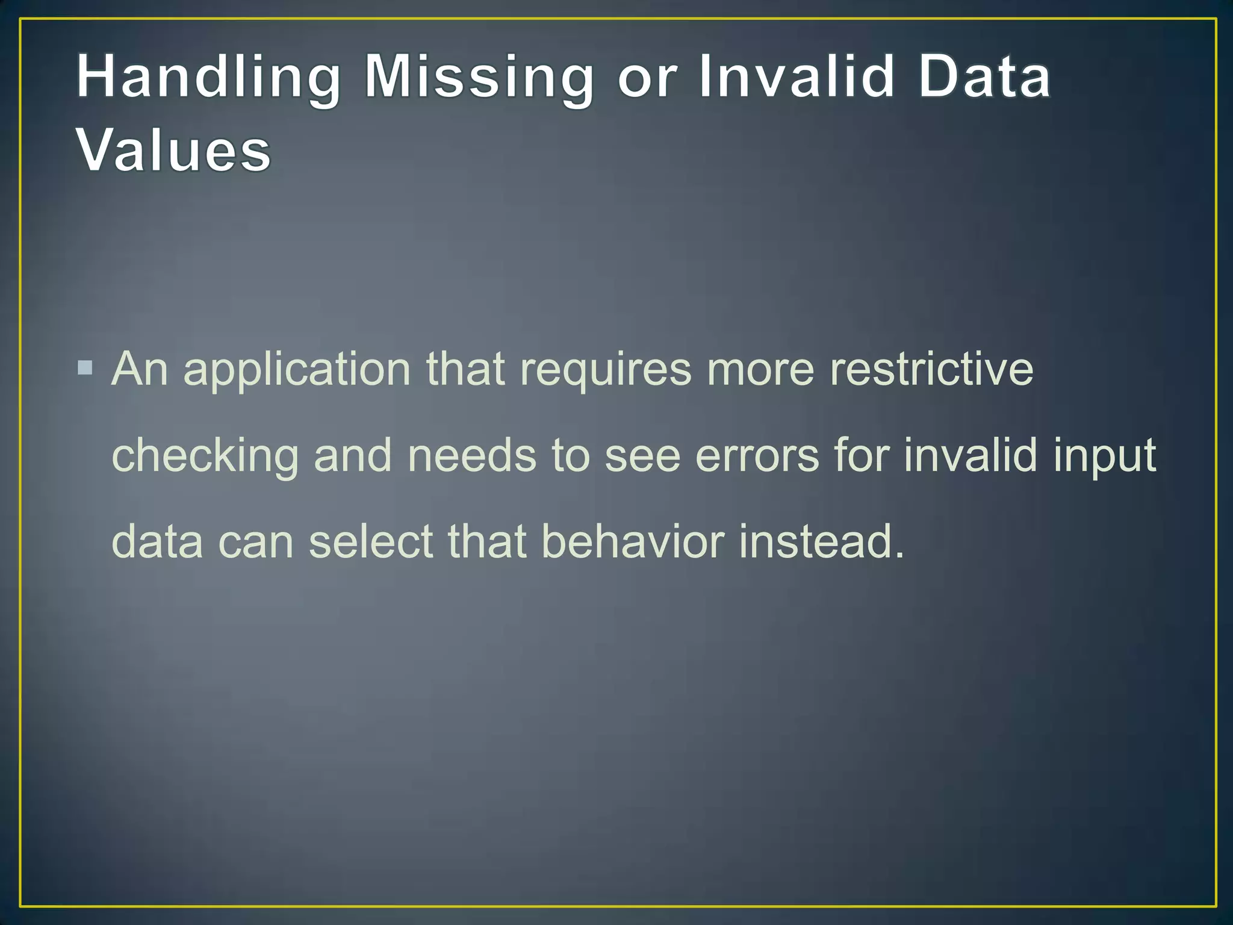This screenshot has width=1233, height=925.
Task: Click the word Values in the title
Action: click(174, 151)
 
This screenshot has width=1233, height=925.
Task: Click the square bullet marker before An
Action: click(85, 367)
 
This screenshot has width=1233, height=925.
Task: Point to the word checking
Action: click(205, 456)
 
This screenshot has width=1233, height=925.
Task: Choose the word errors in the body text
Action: click(757, 455)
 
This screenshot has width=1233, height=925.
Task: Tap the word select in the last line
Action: click(371, 541)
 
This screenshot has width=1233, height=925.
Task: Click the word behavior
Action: click(632, 541)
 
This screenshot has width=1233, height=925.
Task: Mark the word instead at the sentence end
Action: click(821, 541)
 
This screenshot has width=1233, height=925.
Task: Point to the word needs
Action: click(471, 455)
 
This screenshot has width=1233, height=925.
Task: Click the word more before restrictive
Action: click(760, 370)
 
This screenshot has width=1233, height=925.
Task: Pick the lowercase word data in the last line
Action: click(158, 541)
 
